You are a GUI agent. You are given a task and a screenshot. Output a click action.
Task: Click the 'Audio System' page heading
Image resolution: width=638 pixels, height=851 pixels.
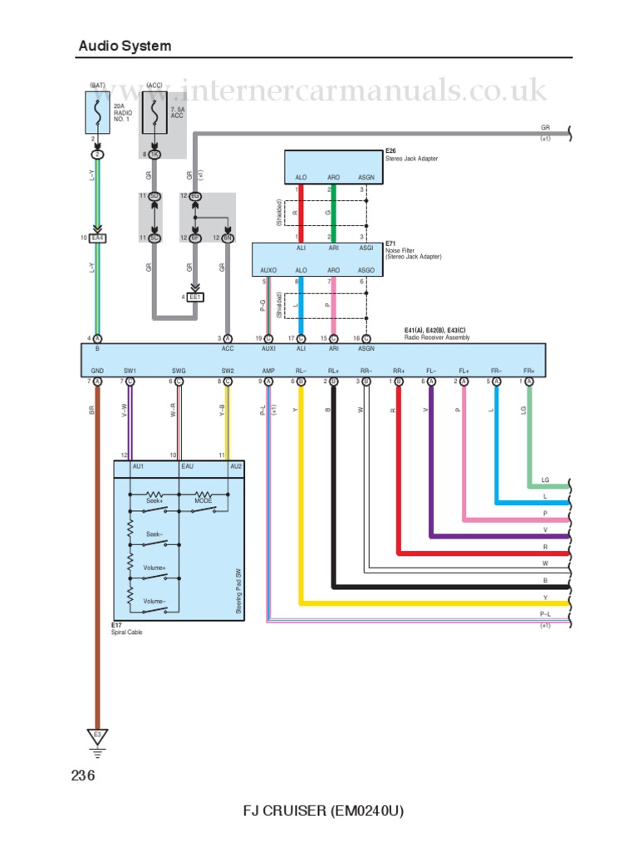125,46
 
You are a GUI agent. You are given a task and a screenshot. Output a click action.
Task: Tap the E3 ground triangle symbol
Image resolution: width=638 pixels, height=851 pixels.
97,735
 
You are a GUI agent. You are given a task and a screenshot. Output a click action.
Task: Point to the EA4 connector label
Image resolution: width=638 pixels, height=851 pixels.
98,239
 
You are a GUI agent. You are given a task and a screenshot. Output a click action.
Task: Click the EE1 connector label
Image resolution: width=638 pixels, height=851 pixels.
196,297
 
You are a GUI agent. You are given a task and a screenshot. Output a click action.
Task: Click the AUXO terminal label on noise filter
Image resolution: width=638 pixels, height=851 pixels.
268,270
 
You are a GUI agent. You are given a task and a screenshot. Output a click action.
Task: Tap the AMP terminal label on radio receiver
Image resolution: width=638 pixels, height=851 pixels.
268,371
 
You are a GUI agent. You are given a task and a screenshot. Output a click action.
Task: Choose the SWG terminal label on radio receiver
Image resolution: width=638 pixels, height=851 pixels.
179,371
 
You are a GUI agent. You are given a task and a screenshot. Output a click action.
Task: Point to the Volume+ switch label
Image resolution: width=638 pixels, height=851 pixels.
155,568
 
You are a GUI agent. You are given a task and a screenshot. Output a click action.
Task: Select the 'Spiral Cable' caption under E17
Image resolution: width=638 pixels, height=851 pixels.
128,633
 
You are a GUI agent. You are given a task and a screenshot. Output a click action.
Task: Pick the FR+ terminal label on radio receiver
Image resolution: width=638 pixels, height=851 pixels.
529,371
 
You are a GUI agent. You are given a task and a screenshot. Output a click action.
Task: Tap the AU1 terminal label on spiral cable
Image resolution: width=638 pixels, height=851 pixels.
138,467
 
